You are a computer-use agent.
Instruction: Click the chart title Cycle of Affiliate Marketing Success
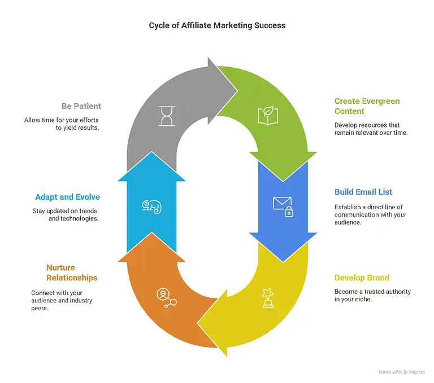(217, 25)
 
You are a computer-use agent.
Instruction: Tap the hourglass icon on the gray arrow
(167, 115)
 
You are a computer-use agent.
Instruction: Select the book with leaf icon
(267, 115)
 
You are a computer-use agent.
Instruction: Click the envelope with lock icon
(283, 206)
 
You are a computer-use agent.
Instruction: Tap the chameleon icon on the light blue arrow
(151, 206)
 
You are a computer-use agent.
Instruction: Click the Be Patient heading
(81, 106)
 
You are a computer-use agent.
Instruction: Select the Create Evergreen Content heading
(367, 106)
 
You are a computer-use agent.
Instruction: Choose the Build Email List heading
(363, 192)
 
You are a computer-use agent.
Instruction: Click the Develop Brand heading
(362, 278)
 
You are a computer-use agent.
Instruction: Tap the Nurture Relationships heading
(71, 272)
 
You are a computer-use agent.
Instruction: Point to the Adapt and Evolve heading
(68, 197)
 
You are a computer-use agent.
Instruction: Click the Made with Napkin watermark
(401, 372)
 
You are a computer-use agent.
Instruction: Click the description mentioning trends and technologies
(66, 215)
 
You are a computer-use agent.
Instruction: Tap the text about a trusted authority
(372, 296)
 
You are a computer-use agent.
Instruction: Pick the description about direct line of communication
(370, 214)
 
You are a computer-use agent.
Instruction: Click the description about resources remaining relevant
(371, 128)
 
